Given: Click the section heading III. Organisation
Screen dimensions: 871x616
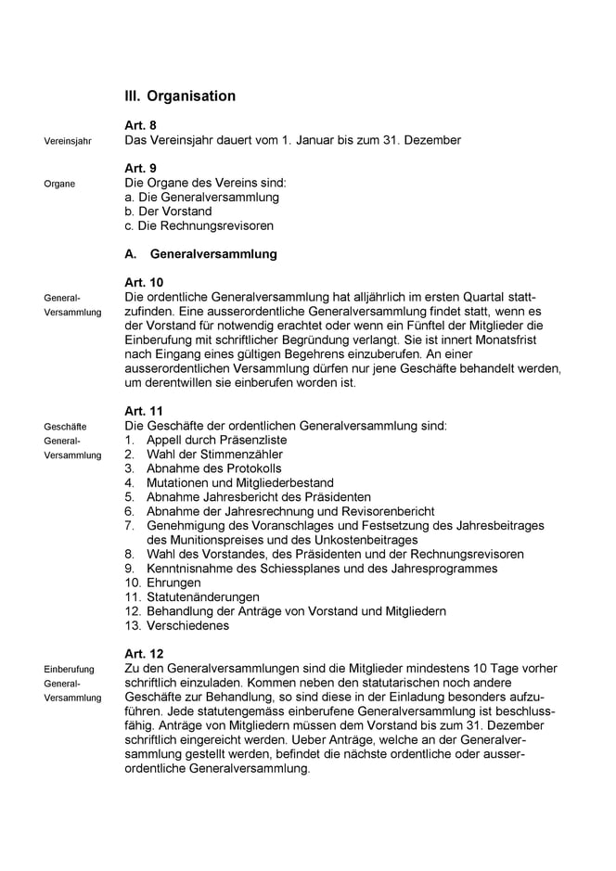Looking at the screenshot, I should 180,96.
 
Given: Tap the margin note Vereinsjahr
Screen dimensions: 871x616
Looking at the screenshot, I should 68,142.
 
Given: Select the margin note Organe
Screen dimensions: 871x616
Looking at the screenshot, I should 59,184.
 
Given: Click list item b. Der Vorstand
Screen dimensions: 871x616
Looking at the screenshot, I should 168,211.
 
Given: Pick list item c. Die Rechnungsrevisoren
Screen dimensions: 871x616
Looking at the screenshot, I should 199,225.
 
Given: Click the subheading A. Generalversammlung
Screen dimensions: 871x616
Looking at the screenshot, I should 200,254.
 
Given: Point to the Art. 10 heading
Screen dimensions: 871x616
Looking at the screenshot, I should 144,282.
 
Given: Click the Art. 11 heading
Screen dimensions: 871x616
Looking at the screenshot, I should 144,410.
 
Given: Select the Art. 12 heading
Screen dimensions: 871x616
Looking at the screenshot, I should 144,654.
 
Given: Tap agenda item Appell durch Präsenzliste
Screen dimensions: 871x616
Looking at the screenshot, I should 216,440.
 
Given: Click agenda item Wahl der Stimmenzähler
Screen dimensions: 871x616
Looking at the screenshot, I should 214,455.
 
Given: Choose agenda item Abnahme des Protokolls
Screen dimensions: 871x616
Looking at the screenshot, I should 213,468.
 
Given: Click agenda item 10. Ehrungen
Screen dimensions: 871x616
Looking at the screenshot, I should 162,583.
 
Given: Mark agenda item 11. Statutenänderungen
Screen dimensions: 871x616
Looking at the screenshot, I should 192,597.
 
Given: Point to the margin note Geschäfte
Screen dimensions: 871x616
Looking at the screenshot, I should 65,427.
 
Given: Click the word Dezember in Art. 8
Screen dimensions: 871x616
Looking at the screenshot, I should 430,140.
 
